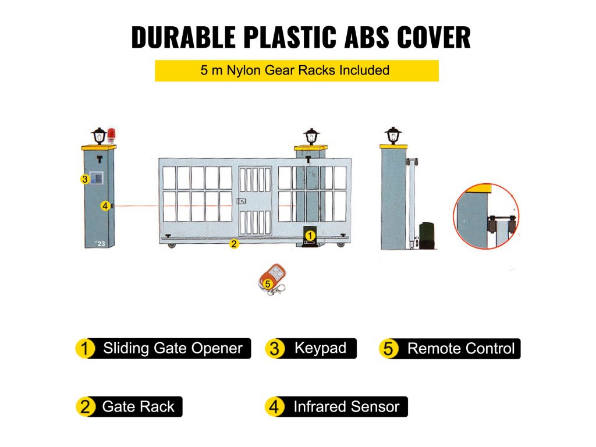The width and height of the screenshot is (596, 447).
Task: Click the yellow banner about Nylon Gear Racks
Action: click(296, 71)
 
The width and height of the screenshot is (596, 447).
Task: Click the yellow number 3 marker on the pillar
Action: click(85, 180)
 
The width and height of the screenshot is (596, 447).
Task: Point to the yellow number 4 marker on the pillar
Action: click(105, 205)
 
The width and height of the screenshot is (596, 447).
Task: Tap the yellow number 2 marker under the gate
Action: click(234, 244)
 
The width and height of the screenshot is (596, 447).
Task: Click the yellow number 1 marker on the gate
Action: click(310, 235)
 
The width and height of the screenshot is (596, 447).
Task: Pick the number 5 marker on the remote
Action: click(268, 284)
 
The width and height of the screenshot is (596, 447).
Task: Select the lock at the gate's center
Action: click(241, 201)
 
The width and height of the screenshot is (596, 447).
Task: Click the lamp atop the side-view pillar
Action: click(393, 136)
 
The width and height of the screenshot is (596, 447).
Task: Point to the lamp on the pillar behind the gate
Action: click(311, 137)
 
